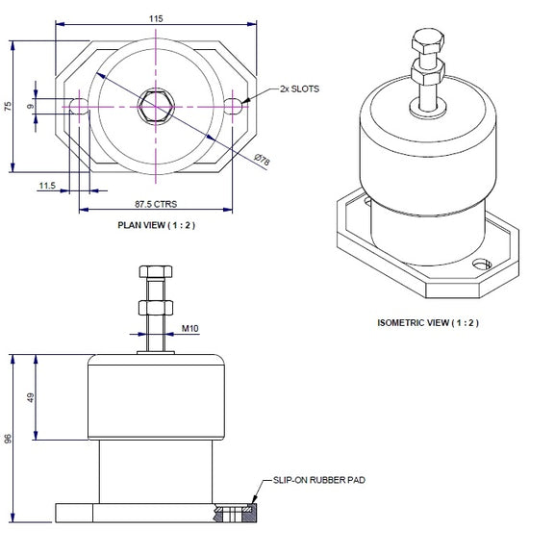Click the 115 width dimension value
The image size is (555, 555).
click(x=156, y=18)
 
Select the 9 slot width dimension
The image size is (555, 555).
click(x=32, y=106)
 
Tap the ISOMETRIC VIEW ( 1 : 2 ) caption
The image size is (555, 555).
click(x=428, y=321)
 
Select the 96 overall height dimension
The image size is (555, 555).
click(x=10, y=438)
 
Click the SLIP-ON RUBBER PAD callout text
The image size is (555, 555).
click(x=319, y=478)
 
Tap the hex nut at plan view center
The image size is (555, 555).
click(x=155, y=104)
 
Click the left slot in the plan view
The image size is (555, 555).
click(x=77, y=105)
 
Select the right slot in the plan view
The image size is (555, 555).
click(x=234, y=105)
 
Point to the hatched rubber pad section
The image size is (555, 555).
click(x=236, y=513)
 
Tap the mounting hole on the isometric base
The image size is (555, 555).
click(x=481, y=262)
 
